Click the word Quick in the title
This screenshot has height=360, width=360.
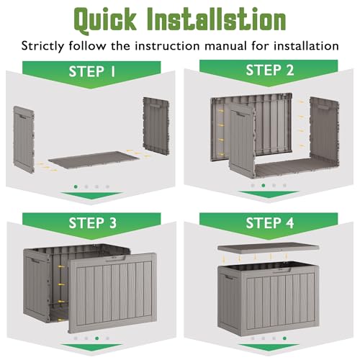pos(105,20)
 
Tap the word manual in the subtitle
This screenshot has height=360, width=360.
pos(225,46)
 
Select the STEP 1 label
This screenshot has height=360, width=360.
pos(92,71)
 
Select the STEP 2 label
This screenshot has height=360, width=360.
pos(269,70)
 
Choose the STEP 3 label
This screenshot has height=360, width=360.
pos(92,223)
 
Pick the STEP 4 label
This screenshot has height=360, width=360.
pos(269,223)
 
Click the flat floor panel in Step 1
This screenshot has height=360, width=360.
pos(94,160)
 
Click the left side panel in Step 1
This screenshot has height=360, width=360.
pos(24,140)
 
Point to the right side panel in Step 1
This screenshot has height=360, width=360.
pos(156,126)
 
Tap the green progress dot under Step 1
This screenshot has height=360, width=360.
pos(76,186)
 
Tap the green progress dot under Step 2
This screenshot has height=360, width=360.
pos(264,185)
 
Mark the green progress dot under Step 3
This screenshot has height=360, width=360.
pos(97,338)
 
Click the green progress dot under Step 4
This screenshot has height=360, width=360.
pos(284,338)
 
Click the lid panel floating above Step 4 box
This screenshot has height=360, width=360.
pos(269,248)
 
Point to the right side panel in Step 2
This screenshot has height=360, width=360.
pos(325,132)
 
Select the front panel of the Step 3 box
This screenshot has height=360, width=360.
pos(112,293)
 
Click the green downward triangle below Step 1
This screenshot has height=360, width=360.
pos(91,195)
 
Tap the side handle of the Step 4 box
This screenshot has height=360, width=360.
pos(228,277)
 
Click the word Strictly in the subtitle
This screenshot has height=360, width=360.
pos(43,46)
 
